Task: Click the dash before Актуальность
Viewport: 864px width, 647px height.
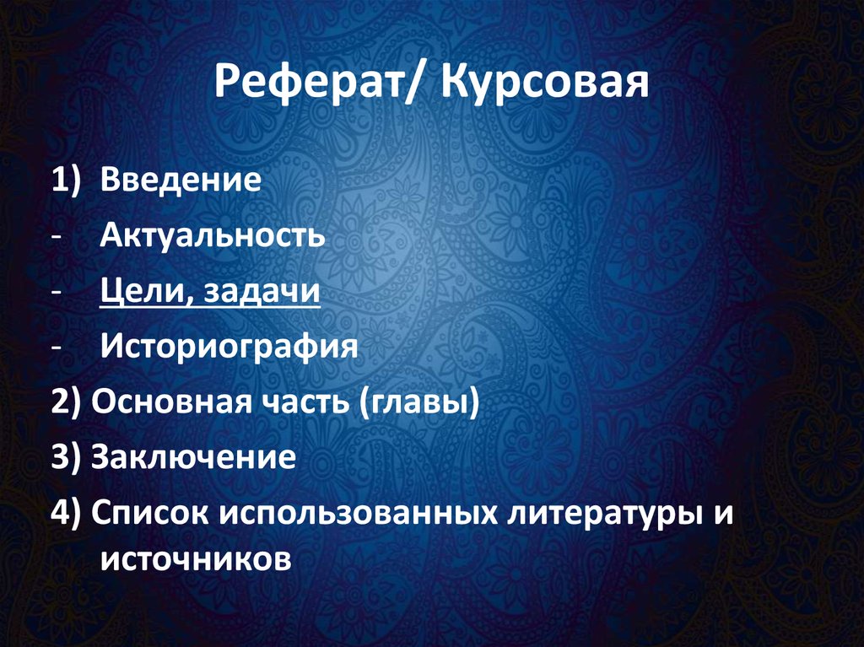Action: (x=55, y=237)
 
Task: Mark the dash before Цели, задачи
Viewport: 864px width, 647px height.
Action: (x=55, y=293)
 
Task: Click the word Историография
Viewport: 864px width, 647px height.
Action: (x=224, y=347)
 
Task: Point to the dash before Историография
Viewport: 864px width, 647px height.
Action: (x=55, y=348)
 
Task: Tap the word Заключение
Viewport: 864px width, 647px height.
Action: (x=194, y=457)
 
